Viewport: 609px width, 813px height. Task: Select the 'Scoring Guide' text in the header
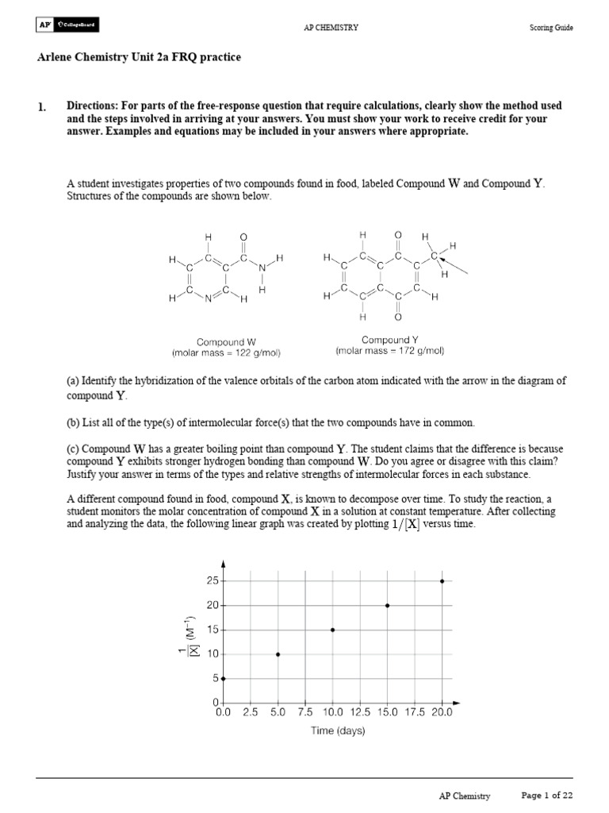[x=551, y=28]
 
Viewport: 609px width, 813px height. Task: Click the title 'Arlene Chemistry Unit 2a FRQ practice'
[x=139, y=58]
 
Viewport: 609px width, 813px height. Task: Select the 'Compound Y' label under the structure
[x=389, y=340]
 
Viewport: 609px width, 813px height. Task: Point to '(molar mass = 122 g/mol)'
[x=227, y=352]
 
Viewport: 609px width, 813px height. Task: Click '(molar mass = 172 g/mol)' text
[x=389, y=350]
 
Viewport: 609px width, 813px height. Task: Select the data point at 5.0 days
[x=278, y=654]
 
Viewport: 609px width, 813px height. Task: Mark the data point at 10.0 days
[x=332, y=630]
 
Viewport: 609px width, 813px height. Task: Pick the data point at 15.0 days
[x=387, y=605]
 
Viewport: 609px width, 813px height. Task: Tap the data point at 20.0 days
[x=442, y=580]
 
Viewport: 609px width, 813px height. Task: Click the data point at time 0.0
[x=224, y=679]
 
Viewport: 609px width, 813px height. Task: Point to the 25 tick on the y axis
[x=212, y=581]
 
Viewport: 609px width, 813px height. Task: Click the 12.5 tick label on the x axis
[x=359, y=713]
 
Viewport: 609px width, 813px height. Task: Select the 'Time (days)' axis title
[x=338, y=731]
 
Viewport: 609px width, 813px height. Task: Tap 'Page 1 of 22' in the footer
[x=546, y=795]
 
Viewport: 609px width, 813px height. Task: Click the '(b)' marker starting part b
[x=74, y=422]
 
